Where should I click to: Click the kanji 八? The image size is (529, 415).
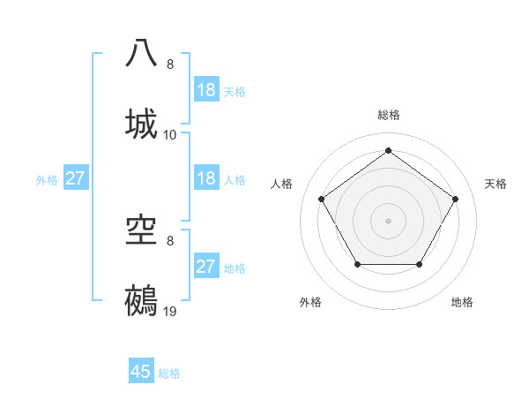142,53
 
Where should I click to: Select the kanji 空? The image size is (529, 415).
142,230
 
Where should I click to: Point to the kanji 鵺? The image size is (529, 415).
142,300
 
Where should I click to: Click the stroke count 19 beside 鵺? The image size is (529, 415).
171,312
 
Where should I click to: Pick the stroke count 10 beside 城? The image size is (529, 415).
171,134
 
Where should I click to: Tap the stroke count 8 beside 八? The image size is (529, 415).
170,64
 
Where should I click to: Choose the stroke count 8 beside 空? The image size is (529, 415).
170,241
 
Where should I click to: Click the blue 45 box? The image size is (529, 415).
141,372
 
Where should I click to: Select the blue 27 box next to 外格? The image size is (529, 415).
76,178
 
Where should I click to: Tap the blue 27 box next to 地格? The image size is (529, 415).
206,267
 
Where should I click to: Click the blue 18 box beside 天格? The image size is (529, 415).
206,90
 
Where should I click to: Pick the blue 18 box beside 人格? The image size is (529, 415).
206,178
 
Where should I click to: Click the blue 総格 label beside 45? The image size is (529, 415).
170,373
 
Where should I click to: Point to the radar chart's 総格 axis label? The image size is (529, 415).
389,115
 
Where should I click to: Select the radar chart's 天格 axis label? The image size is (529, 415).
496,184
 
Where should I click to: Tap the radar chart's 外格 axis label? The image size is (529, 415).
310,302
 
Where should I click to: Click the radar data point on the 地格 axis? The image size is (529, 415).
420,264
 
